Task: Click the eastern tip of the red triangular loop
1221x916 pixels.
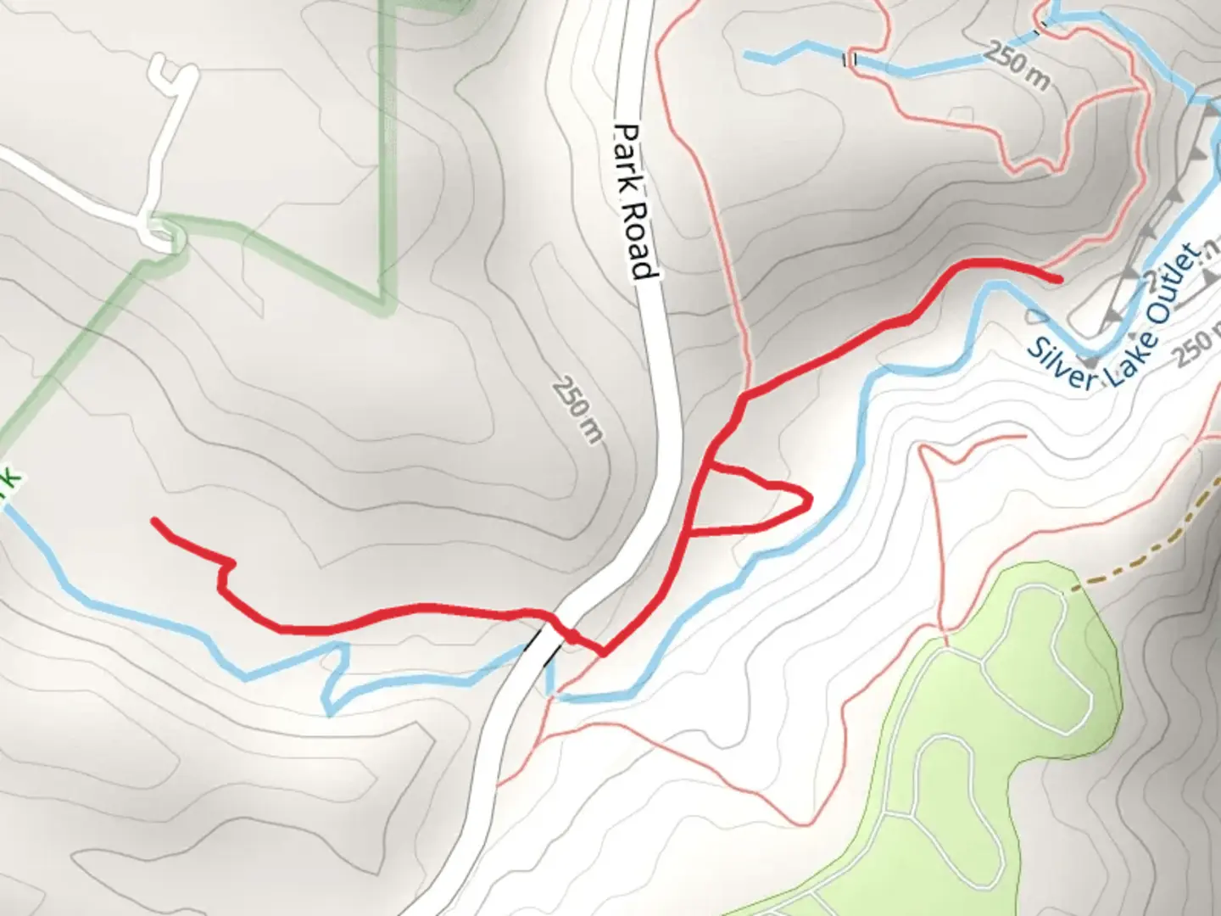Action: click(x=810, y=500)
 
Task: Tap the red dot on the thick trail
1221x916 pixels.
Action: click(x=572, y=636)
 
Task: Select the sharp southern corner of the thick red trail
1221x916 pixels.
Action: click(x=602, y=653)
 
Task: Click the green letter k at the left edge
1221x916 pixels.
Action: click(x=8, y=489)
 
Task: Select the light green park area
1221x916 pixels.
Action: click(x=1001, y=763)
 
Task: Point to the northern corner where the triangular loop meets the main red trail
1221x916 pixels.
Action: click(x=711, y=465)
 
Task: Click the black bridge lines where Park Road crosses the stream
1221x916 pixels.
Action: click(x=544, y=645)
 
